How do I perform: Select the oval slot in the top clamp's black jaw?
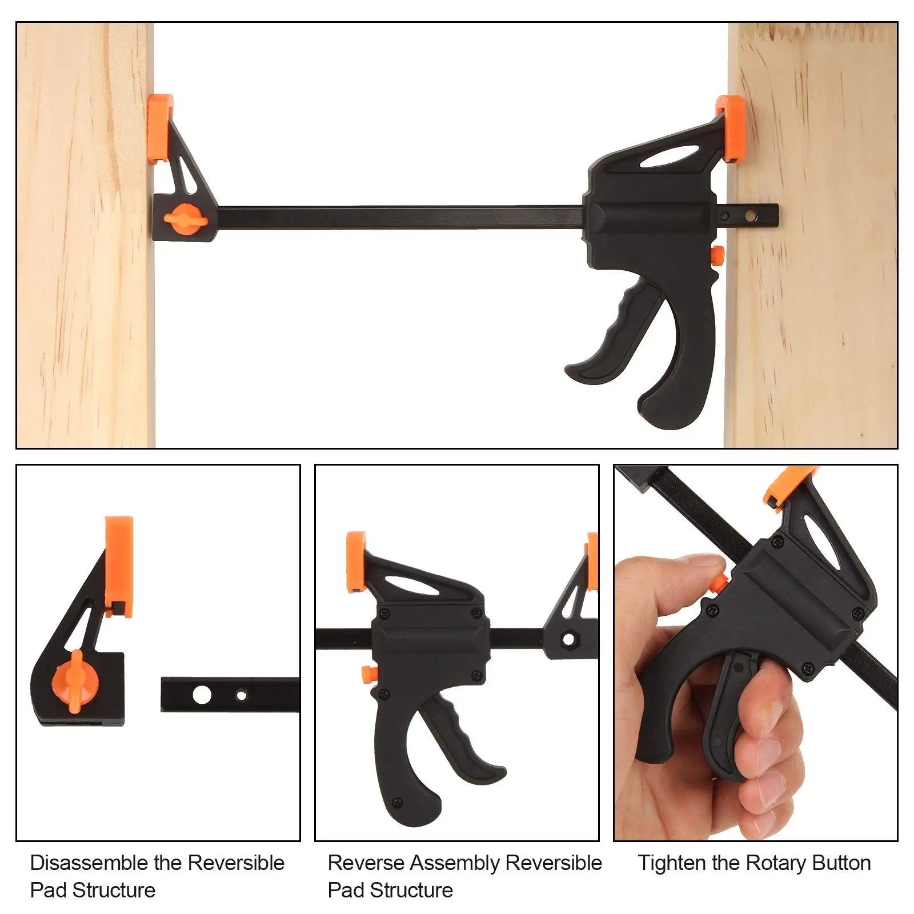click(670, 157)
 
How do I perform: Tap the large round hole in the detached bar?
click(202, 695)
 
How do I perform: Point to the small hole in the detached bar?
click(241, 695)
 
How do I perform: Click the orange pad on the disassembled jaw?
click(119, 566)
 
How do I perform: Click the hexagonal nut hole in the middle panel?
click(568, 639)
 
